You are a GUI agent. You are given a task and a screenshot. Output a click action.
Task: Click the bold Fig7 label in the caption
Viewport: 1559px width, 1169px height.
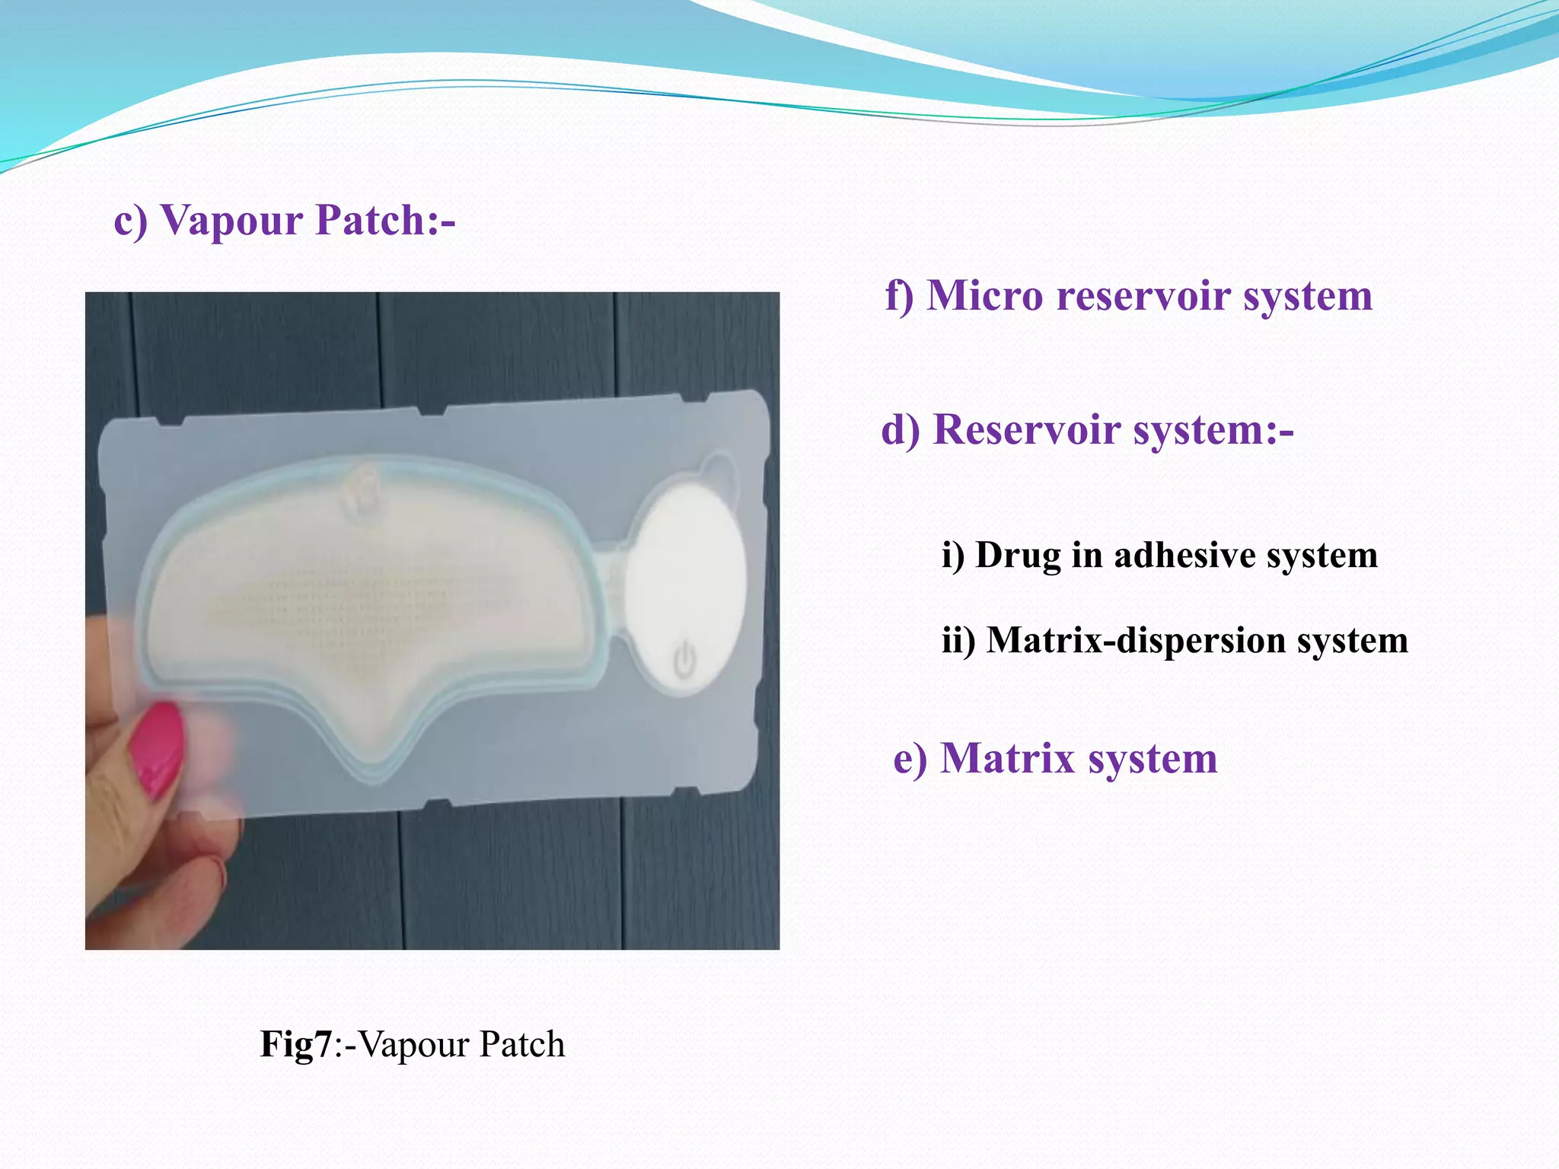296,1044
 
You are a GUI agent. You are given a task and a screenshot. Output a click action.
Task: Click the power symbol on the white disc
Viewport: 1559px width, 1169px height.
684,658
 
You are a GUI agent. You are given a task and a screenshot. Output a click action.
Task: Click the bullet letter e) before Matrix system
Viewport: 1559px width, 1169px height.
909,759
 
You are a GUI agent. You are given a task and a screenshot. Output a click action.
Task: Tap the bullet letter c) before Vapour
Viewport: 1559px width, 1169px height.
130,221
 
